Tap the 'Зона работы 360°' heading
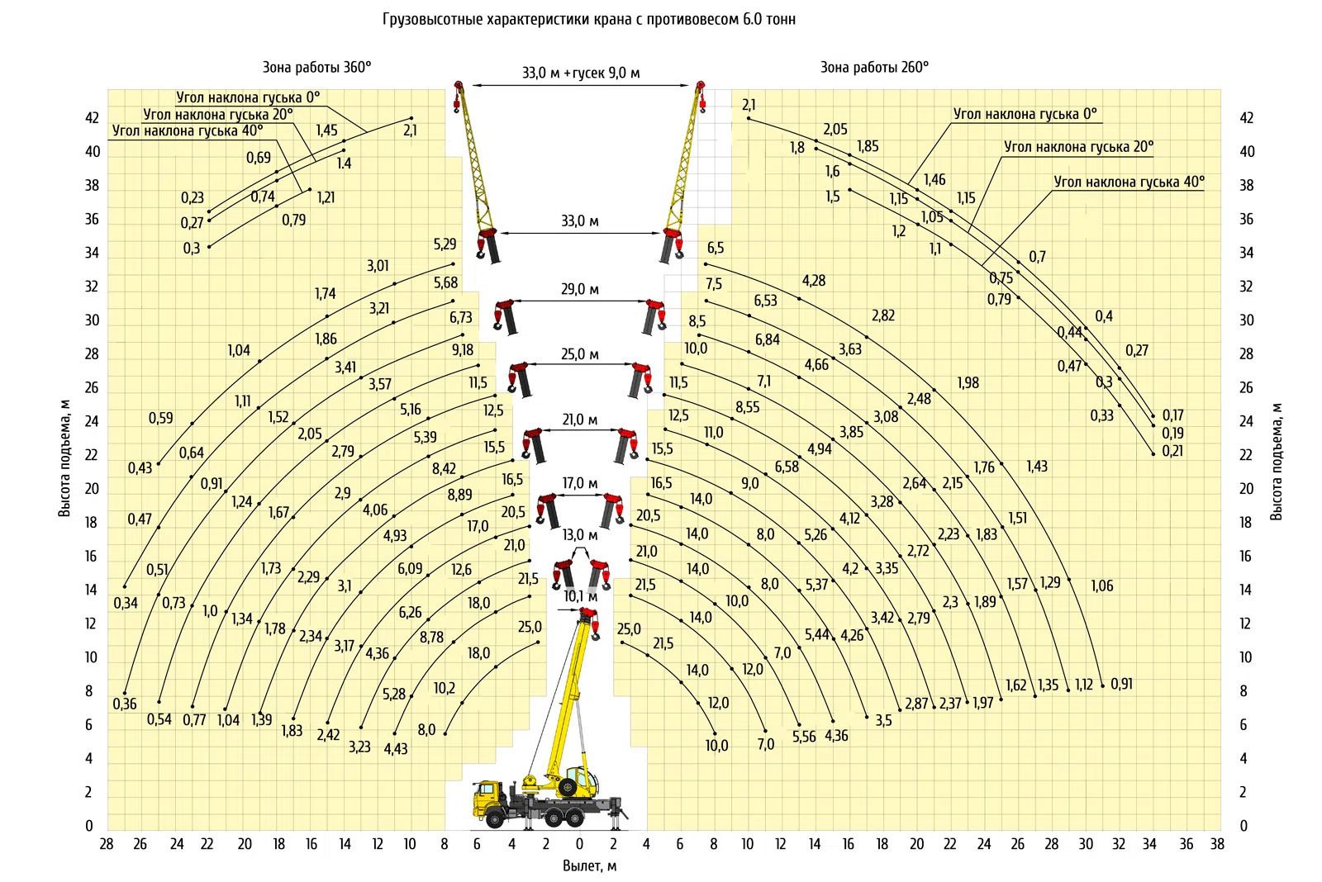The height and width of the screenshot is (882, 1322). (x=317, y=67)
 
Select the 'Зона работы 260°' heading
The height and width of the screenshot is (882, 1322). (x=875, y=67)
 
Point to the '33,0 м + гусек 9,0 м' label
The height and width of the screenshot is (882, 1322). (x=581, y=73)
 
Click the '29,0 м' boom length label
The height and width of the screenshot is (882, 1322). (x=579, y=289)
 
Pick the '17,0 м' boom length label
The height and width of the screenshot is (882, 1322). (x=579, y=483)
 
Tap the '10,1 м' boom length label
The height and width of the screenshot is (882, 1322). (x=580, y=596)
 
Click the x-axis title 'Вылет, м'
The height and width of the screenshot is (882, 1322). (x=589, y=865)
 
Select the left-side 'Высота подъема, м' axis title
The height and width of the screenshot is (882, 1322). (x=64, y=458)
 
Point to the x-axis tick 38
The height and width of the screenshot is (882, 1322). (x=1217, y=844)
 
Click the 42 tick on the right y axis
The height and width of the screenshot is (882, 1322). (x=1246, y=118)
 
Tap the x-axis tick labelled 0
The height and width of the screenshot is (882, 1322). (x=579, y=844)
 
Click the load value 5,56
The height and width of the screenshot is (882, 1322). (x=804, y=737)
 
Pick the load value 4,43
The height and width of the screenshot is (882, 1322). (x=396, y=749)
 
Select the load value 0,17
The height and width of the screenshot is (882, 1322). (x=1172, y=415)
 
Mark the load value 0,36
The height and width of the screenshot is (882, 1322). (x=125, y=704)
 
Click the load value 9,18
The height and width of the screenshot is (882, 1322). (x=463, y=350)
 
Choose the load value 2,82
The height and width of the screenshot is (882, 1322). (x=883, y=315)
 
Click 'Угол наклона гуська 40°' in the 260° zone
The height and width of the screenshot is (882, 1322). (x=1129, y=182)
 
